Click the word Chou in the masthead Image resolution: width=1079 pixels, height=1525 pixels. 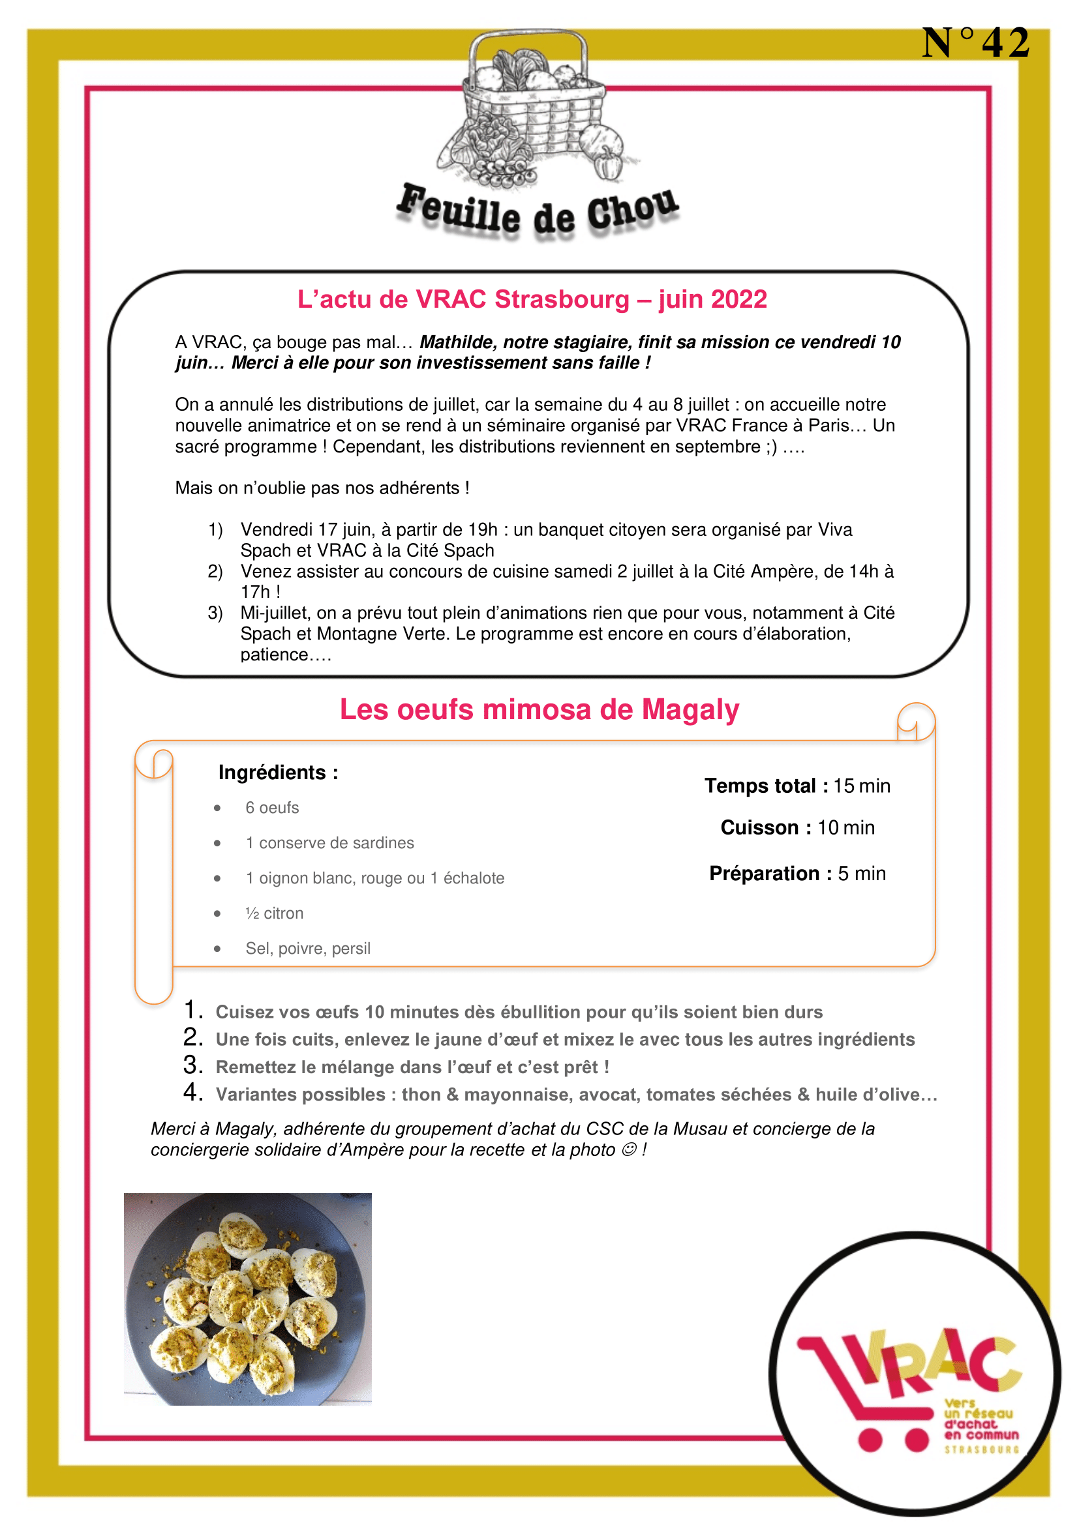(631, 211)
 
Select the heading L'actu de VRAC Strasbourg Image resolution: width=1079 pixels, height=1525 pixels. (532, 299)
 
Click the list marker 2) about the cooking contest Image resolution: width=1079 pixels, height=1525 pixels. (215, 571)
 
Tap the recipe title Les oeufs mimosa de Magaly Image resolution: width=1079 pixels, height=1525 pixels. (539, 709)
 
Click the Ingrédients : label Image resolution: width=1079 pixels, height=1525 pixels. (279, 773)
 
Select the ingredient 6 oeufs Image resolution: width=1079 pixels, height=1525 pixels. (272, 808)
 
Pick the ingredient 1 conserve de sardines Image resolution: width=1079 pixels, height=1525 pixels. (329, 843)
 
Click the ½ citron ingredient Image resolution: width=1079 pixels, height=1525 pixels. (275, 913)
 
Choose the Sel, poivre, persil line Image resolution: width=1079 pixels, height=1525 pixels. (308, 949)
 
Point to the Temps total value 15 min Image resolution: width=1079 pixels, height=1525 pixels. (862, 786)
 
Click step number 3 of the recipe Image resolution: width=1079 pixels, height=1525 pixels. (192, 1065)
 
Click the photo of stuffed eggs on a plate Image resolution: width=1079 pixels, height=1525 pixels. (248, 1299)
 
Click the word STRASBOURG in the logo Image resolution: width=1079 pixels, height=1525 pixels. (981, 1450)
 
